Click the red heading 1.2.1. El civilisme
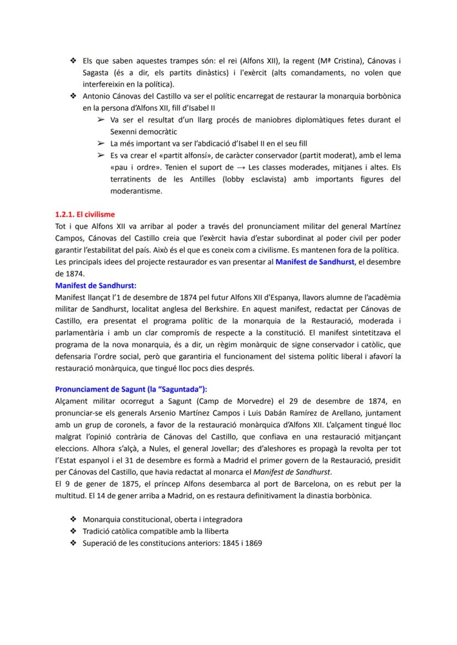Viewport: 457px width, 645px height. pos(85,215)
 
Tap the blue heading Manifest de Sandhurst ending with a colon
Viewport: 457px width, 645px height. pos(95,285)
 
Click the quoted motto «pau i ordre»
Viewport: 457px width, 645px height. pos(131,167)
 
